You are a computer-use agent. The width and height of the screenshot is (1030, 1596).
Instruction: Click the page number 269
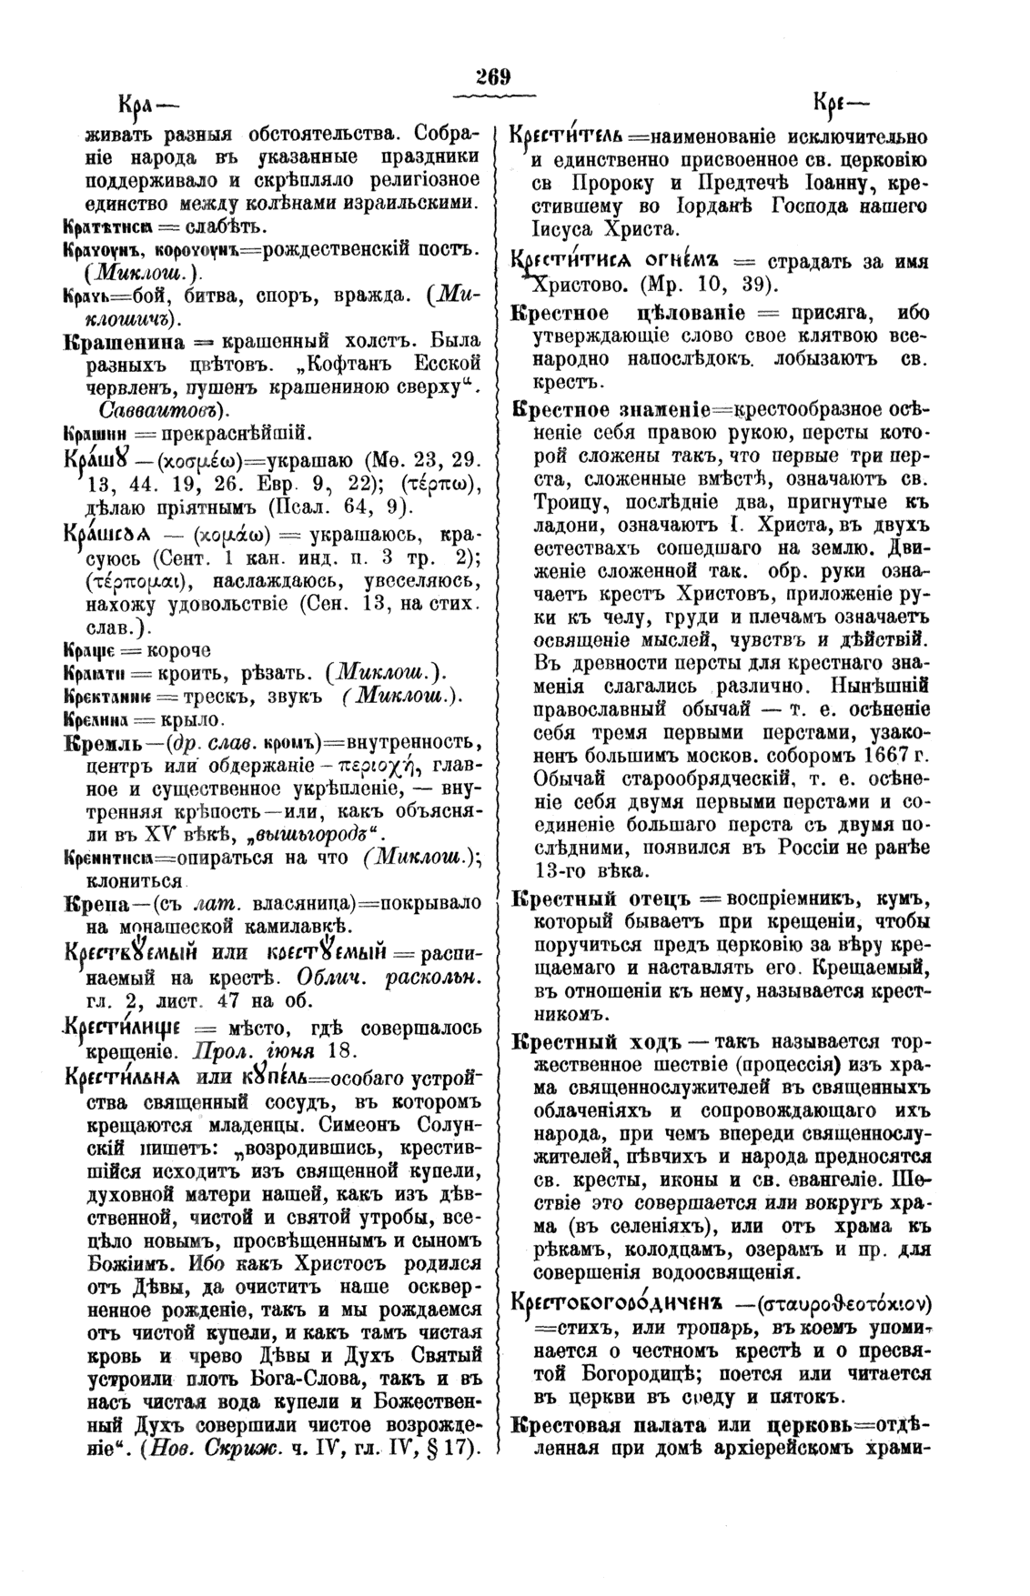click(x=496, y=76)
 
